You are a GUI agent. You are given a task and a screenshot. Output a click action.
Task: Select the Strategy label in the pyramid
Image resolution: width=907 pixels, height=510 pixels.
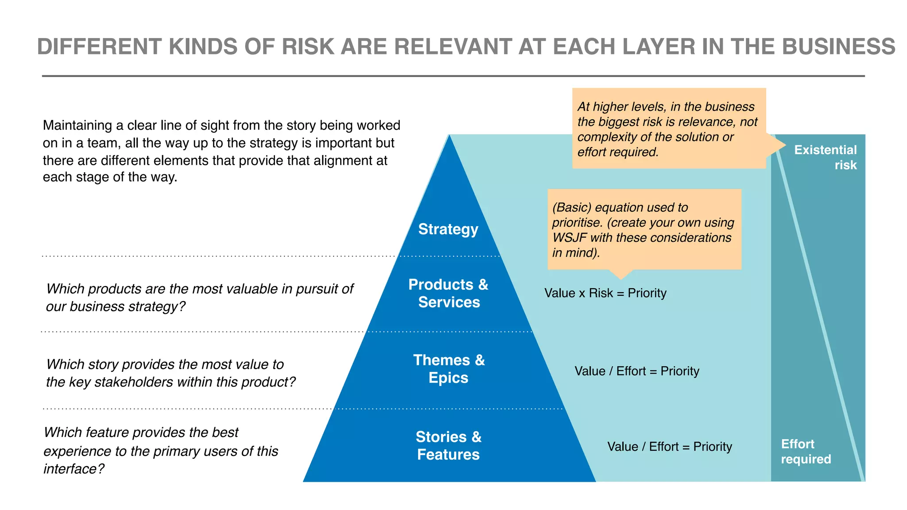point(448,229)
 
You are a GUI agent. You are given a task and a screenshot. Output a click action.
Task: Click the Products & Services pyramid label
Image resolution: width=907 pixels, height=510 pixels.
point(448,293)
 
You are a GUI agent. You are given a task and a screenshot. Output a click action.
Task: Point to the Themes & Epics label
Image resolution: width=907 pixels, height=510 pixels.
point(449,369)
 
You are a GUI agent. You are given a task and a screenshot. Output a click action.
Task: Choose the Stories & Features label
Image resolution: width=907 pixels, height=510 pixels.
point(448,445)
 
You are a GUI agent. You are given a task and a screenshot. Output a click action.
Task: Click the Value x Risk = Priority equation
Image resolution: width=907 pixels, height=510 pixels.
point(605,293)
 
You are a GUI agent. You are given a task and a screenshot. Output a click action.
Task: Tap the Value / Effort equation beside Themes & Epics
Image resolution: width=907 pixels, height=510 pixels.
point(636,371)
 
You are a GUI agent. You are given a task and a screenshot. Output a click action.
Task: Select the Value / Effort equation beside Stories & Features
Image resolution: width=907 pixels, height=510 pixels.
point(669,447)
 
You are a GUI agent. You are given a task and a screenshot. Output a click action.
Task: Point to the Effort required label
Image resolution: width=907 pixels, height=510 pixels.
point(805,452)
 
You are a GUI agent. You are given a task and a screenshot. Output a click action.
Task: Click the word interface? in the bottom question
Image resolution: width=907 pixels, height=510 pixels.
point(74,469)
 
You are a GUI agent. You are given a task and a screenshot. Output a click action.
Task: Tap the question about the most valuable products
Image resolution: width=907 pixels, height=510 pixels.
point(199,297)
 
